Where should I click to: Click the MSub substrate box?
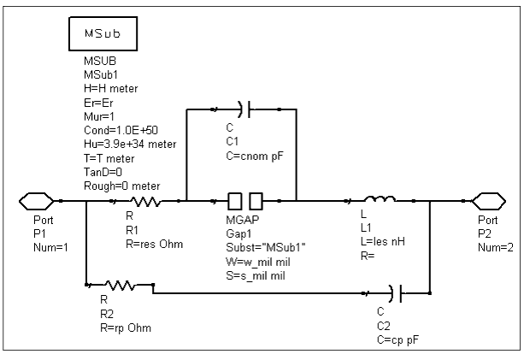pos(103,33)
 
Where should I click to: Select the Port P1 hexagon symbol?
pos(36,201)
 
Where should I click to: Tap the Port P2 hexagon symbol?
pos(489,201)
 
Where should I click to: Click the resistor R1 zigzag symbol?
pos(145,201)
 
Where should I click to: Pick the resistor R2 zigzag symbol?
pos(121,285)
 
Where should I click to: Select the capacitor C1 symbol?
pos(244,109)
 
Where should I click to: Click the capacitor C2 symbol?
pos(397,293)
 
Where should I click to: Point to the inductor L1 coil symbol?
pos(380,199)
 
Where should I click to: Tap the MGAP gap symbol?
pos(245,201)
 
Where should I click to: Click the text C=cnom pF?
pos(255,156)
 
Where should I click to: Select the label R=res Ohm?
pos(155,244)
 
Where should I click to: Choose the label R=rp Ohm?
pos(126,328)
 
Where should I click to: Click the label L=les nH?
pos(383,241)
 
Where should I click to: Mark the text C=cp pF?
pos(397,339)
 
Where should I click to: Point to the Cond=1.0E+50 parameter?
pos(121,130)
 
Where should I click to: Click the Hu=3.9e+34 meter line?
pos(130,144)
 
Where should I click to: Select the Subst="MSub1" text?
pos(266,247)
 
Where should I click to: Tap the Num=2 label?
pos(496,247)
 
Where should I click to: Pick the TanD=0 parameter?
pos(103,172)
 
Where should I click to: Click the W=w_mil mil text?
pos(258,262)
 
